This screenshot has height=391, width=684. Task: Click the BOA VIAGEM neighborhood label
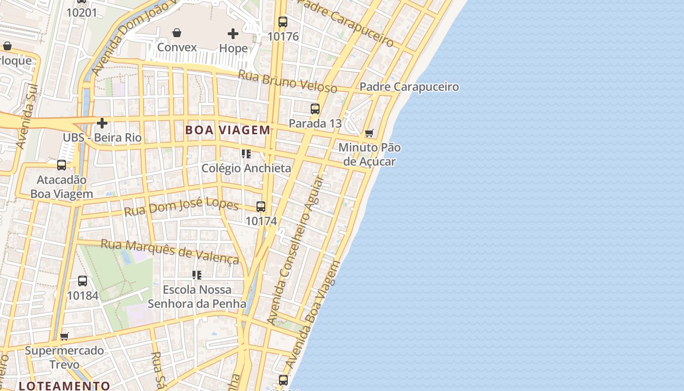pyautogui.click(x=228, y=130)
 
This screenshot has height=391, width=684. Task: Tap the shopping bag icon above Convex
pyautogui.click(x=177, y=33)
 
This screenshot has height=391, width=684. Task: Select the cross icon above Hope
pyautogui.click(x=233, y=34)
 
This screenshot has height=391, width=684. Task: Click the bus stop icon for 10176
pyautogui.click(x=283, y=22)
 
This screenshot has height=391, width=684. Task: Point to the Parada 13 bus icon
pyautogui.click(x=315, y=109)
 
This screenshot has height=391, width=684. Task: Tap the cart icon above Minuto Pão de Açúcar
pyautogui.click(x=369, y=133)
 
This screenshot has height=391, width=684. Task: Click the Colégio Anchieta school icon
pyautogui.click(x=246, y=154)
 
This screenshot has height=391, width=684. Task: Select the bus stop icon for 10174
pyautogui.click(x=261, y=206)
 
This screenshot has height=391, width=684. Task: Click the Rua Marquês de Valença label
pyautogui.click(x=170, y=251)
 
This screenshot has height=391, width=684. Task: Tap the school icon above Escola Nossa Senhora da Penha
pyautogui.click(x=197, y=275)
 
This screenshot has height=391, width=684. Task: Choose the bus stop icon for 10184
pyautogui.click(x=83, y=281)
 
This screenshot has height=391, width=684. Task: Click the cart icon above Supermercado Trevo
pyautogui.click(x=64, y=336)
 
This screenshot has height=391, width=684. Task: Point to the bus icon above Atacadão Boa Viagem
pyautogui.click(x=62, y=165)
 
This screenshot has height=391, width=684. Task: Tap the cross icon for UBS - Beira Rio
pyautogui.click(x=102, y=123)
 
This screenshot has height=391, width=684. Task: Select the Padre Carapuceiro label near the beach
pyautogui.click(x=409, y=87)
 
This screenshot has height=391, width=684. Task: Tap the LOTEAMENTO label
pyautogui.click(x=64, y=386)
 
